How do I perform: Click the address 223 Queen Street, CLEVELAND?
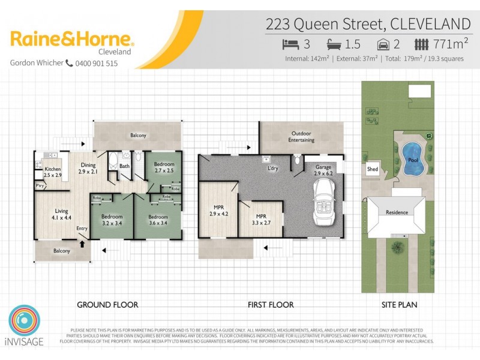coord(368,24)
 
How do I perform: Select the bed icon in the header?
coord(290,44)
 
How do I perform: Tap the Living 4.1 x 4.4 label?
coord(62,215)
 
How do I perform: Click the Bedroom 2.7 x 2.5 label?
coord(164,168)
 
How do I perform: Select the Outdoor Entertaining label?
coord(302,137)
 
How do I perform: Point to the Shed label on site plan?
coord(372,170)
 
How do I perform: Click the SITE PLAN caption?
coord(399,305)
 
